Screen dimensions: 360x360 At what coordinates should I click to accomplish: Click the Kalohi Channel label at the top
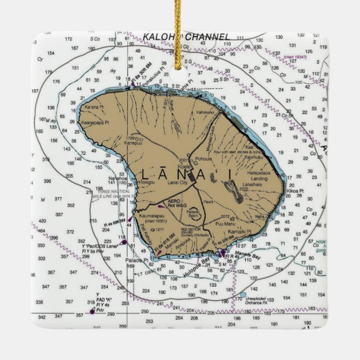click(x=186, y=37)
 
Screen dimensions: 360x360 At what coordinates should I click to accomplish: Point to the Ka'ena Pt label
click(x=94, y=106)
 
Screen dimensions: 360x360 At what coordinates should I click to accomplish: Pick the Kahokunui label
click(x=205, y=112)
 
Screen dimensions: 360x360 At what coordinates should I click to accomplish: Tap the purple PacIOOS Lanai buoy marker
click(x=124, y=242)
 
